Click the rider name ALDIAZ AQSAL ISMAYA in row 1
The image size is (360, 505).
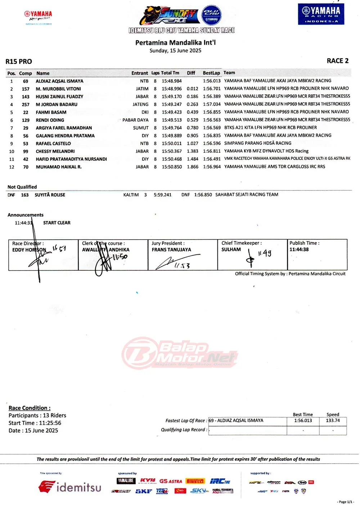click(x=59, y=81)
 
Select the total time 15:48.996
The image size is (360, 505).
click(x=172, y=89)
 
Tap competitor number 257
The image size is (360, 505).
click(x=26, y=104)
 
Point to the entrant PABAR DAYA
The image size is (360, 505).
click(x=135, y=120)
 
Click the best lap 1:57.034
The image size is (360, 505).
click(x=212, y=104)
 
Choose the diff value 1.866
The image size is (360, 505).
click(x=193, y=167)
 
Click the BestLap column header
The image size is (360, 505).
click(x=211, y=73)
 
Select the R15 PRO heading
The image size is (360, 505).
click(x=19, y=62)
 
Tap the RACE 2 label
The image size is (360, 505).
click(x=337, y=61)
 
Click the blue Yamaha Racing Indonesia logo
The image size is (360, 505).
click(x=321, y=14)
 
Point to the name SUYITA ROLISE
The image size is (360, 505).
click(x=50, y=195)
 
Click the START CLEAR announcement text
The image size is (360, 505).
click(x=57, y=223)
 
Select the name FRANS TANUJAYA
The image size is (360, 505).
click(x=171, y=250)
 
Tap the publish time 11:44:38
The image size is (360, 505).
click(x=299, y=249)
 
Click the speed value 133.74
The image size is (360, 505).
click(x=333, y=420)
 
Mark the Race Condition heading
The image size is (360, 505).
click(x=30, y=408)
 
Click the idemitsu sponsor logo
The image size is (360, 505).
click(x=70, y=487)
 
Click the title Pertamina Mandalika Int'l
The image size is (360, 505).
click(x=175, y=43)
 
